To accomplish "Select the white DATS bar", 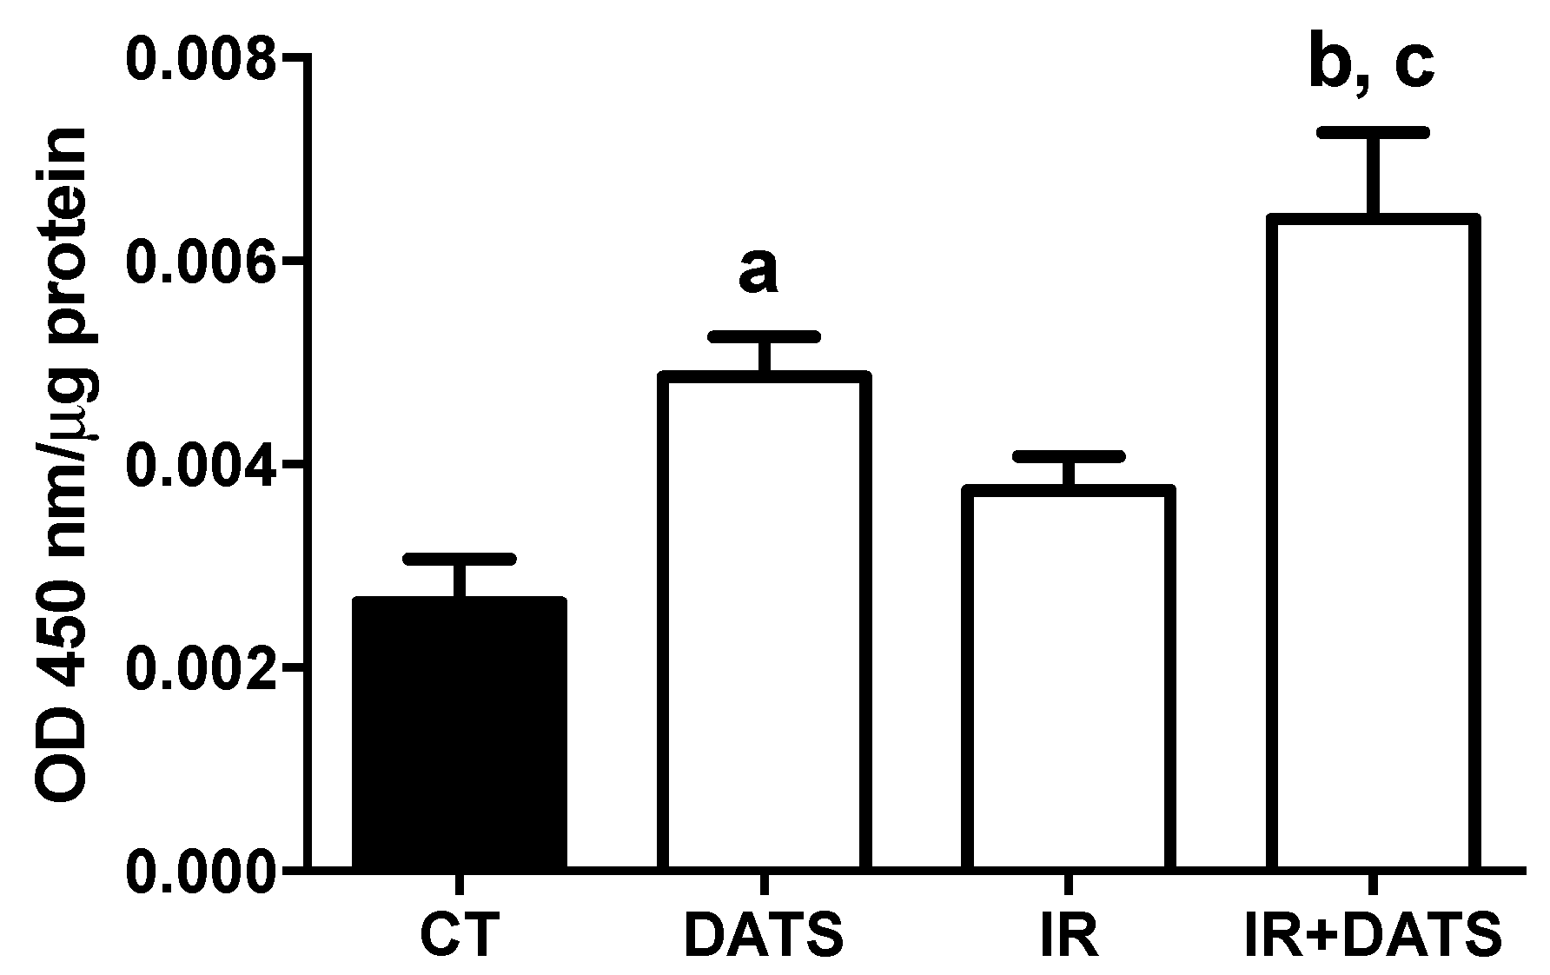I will click(765, 621).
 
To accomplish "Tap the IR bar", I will click(1069, 678).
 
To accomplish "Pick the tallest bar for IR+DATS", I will click(1373, 543).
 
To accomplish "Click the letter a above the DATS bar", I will click(758, 272).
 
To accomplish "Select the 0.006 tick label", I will click(201, 262).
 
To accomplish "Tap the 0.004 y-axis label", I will click(201, 465).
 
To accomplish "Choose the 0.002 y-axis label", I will click(201, 667).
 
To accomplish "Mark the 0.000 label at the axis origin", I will click(201, 870).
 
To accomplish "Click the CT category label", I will click(460, 935).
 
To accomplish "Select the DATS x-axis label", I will click(764, 935).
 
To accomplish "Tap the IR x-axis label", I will click(1068, 935).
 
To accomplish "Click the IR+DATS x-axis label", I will click(1371, 935).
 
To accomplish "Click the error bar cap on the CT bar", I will click(460, 558).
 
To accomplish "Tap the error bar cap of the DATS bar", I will click(765, 336).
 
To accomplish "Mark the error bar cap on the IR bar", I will click(1069, 456).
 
